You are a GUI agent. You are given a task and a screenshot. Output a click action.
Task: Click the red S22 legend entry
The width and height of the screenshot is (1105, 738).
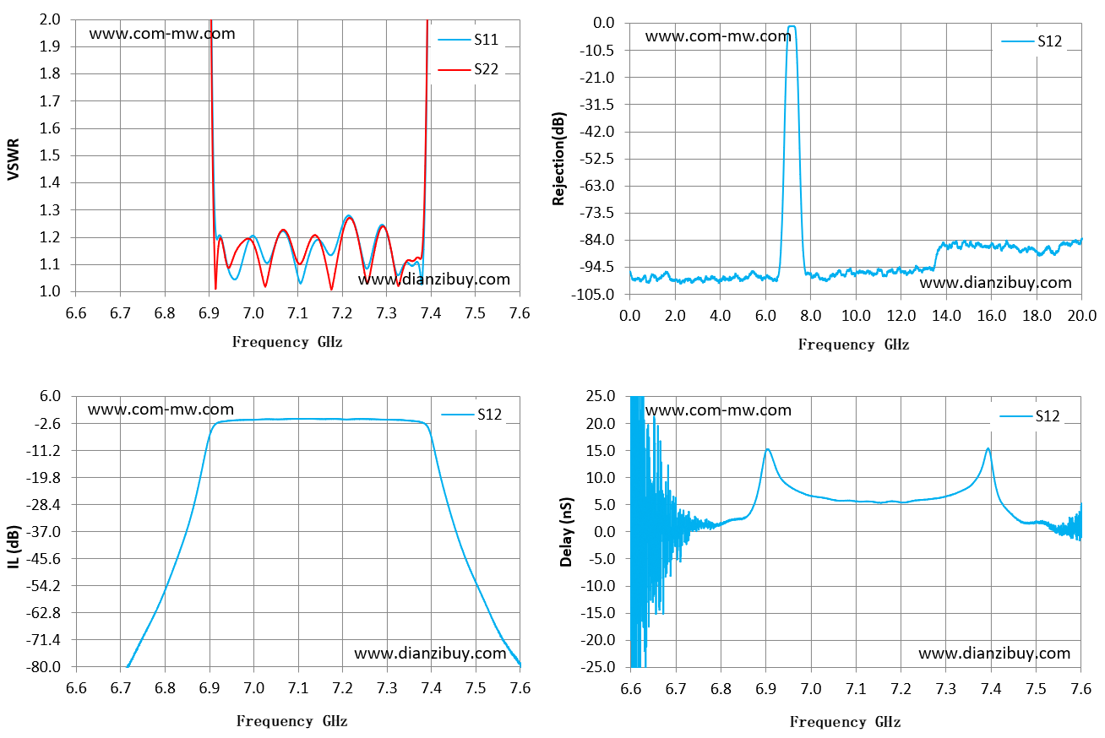tap(468, 69)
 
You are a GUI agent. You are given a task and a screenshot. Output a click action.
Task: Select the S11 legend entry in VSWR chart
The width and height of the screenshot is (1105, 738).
tap(468, 40)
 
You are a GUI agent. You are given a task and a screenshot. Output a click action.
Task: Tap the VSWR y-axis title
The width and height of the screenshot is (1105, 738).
tap(14, 160)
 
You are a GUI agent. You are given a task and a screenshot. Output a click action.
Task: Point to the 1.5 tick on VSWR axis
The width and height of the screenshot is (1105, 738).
tap(49, 155)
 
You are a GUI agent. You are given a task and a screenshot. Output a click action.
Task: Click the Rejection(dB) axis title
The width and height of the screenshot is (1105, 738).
tap(558, 159)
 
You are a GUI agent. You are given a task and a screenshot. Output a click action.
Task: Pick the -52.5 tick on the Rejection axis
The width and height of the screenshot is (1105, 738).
tap(597, 159)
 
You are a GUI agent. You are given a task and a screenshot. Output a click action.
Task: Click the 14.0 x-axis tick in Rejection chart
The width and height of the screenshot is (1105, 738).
tap(946, 316)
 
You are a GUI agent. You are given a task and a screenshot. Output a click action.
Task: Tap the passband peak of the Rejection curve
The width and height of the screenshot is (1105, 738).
tap(792, 27)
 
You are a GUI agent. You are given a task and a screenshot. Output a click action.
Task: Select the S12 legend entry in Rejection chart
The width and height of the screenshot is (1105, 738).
tap(1032, 41)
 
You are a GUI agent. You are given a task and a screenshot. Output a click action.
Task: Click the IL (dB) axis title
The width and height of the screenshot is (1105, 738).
tap(14, 546)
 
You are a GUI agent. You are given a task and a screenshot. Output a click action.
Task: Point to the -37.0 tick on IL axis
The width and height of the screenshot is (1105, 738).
tap(43, 532)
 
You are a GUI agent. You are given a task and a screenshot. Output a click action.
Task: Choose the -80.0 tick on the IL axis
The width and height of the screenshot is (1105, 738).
tap(43, 667)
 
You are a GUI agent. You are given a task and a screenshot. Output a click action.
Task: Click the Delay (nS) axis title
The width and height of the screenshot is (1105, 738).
tap(566, 532)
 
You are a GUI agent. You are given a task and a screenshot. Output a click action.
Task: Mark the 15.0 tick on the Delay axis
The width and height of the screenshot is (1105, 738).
tap(601, 451)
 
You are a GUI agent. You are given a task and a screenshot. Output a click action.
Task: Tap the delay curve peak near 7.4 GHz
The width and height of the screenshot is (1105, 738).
tap(988, 448)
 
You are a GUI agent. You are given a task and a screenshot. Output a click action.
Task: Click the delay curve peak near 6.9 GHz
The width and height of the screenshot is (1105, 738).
tap(768, 449)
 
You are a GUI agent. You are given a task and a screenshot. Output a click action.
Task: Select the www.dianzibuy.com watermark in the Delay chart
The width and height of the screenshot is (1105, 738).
tap(994, 654)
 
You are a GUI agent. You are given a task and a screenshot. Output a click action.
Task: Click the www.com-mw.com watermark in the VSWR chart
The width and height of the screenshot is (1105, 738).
tap(162, 34)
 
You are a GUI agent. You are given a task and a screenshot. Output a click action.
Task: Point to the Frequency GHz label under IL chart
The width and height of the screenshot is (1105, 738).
tap(291, 721)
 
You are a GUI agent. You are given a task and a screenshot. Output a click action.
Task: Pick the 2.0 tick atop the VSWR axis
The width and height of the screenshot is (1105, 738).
tap(49, 19)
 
